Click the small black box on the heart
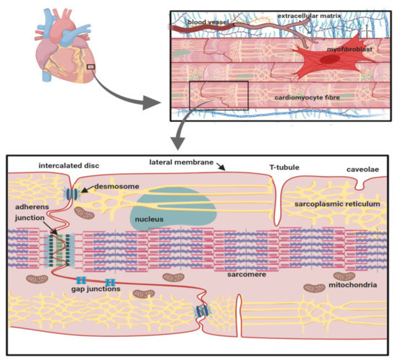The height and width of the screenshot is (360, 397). coord(90,68)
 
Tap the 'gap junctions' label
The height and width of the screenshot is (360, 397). coord(96,289)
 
